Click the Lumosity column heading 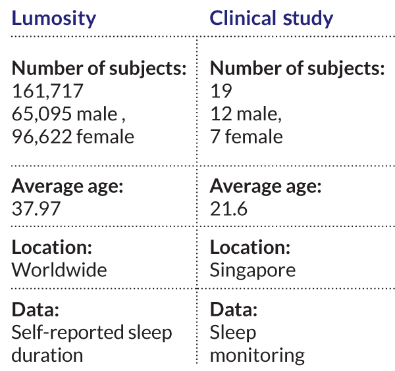tap(54, 18)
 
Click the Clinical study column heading tap(271, 18)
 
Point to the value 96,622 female tap(72, 136)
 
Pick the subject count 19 tap(221, 91)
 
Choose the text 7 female tap(246, 136)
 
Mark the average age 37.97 tap(37, 209)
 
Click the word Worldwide tap(59, 270)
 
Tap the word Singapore tap(253, 270)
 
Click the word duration tap(47, 355)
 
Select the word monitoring tap(257, 355)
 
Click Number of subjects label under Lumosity tap(99, 68)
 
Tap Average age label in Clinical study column tap(265, 186)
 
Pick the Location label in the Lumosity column tap(51, 248)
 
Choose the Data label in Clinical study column tap(234, 310)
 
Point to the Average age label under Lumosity tap(67, 186)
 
